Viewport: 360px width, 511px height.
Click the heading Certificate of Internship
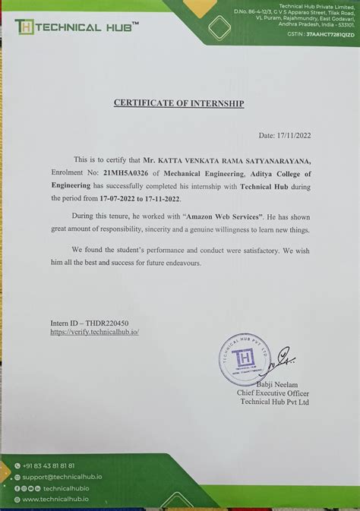[x=179, y=103]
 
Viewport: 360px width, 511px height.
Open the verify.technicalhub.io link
[x=95, y=332]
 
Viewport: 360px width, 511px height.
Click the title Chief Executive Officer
[x=273, y=393]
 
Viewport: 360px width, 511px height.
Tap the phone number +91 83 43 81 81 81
[x=49, y=465]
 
